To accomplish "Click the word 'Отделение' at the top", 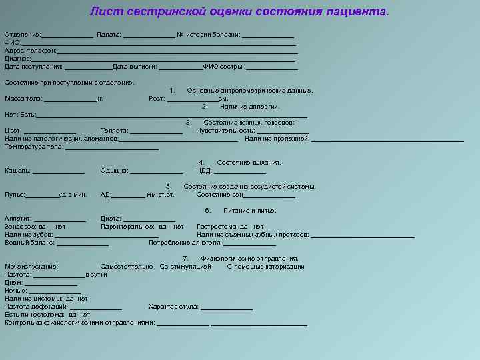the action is coord(22,34).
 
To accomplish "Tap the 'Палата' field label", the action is coord(108,34).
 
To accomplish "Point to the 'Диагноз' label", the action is coord(17,59).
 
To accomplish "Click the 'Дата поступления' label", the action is coord(33,67).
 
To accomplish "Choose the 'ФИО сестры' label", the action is coord(224,67).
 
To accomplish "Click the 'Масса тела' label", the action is coord(23,99).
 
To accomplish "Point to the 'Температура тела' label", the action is coord(34,147).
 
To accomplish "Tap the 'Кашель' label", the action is coord(17,171).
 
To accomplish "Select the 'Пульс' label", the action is coord(15,195).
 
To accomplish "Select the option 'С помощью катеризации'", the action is coord(265,267).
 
